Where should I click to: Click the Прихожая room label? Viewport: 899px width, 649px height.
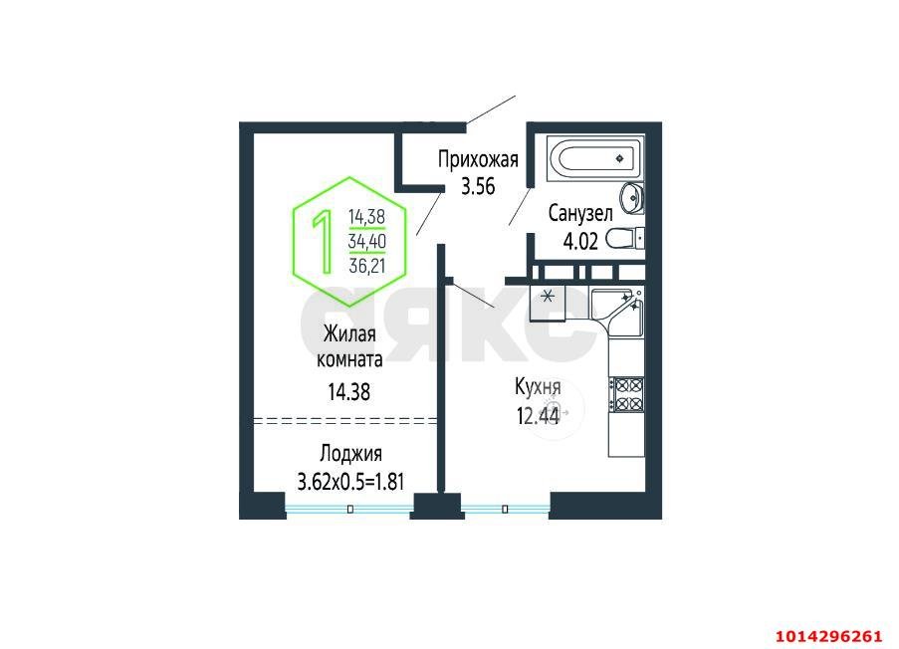pyautogui.click(x=478, y=159)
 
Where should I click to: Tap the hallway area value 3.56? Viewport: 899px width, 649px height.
pyautogui.click(x=478, y=187)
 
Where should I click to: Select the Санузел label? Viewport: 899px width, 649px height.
pyautogui.click(x=580, y=213)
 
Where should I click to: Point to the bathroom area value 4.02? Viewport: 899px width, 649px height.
pyautogui.click(x=580, y=241)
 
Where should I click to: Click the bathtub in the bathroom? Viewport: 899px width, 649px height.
pyautogui.click(x=595, y=158)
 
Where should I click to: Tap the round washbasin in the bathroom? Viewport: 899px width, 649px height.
pyautogui.click(x=632, y=198)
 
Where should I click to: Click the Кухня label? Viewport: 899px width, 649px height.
pyautogui.click(x=538, y=388)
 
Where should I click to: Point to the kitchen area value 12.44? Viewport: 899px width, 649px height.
pyautogui.click(x=538, y=416)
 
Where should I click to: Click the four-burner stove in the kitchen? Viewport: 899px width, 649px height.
pyautogui.click(x=626, y=394)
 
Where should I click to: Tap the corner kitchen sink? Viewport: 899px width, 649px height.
pyautogui.click(x=618, y=311)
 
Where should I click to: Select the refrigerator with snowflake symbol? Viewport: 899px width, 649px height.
pyautogui.click(x=548, y=304)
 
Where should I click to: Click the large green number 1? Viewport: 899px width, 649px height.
pyautogui.click(x=323, y=241)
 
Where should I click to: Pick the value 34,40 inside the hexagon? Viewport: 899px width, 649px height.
pyautogui.click(x=367, y=241)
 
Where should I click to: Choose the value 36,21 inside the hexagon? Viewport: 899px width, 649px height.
pyautogui.click(x=367, y=266)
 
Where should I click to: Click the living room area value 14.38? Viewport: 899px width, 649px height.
pyautogui.click(x=349, y=392)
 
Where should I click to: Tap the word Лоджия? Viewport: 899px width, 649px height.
pyautogui.click(x=350, y=454)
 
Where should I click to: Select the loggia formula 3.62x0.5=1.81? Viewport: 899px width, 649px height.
pyautogui.click(x=350, y=482)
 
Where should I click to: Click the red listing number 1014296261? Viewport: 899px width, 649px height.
pyautogui.click(x=829, y=636)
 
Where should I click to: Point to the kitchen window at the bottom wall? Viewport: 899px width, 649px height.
pyautogui.click(x=505, y=509)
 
